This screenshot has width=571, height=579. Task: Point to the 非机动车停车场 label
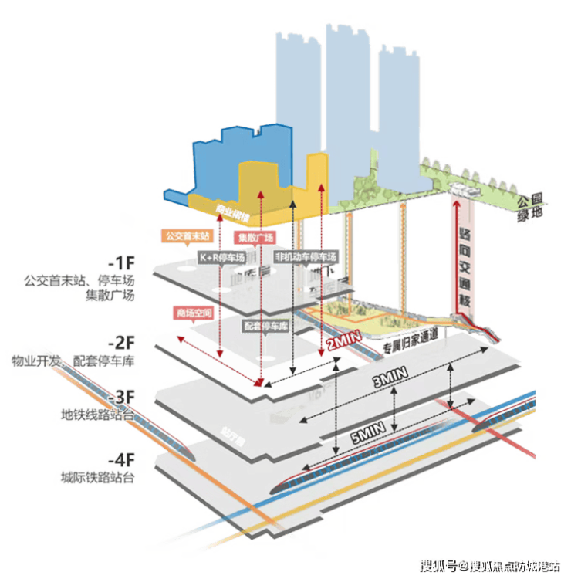click(306, 256)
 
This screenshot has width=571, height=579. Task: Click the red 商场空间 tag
click(191, 313)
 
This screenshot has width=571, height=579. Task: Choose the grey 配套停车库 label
click(265, 326)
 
